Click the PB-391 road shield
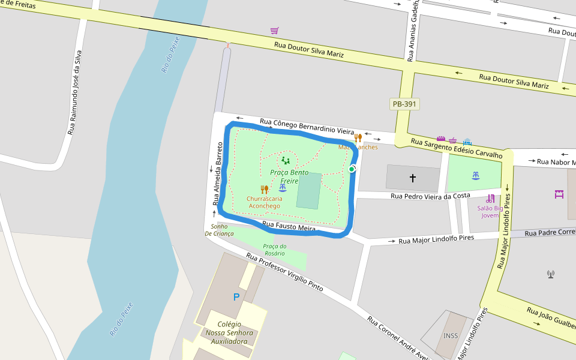404,104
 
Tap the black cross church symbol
413,178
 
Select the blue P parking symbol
236,297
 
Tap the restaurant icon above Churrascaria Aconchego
264,190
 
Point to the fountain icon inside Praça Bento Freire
283,188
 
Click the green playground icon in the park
286,161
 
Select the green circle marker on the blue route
352,169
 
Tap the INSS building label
451,335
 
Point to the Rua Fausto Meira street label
289,227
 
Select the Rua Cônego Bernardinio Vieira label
307,127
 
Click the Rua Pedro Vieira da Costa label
430,196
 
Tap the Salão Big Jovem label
490,211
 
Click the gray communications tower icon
551,274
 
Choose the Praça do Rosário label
275,250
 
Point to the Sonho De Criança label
219,230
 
